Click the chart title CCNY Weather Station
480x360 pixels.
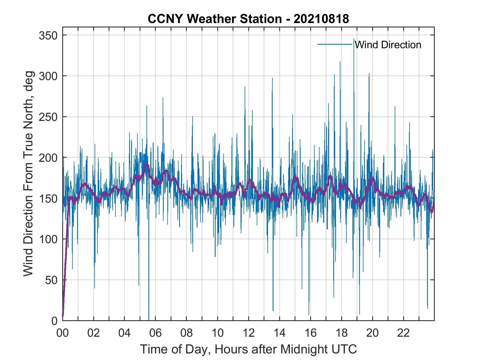click(x=214, y=19)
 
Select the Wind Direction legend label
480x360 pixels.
click(x=388, y=45)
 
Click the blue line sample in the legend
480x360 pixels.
click(x=335, y=44)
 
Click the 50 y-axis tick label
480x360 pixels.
click(x=52, y=280)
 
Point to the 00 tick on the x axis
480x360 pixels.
click(x=63, y=333)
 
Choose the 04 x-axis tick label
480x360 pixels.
click(x=125, y=333)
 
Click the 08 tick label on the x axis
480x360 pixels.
click(x=187, y=333)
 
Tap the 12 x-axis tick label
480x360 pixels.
click(x=249, y=333)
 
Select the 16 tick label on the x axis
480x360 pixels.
click(x=310, y=333)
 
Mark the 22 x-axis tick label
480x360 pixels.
click(x=403, y=333)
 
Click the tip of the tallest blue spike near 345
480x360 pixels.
click(x=354, y=39)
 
